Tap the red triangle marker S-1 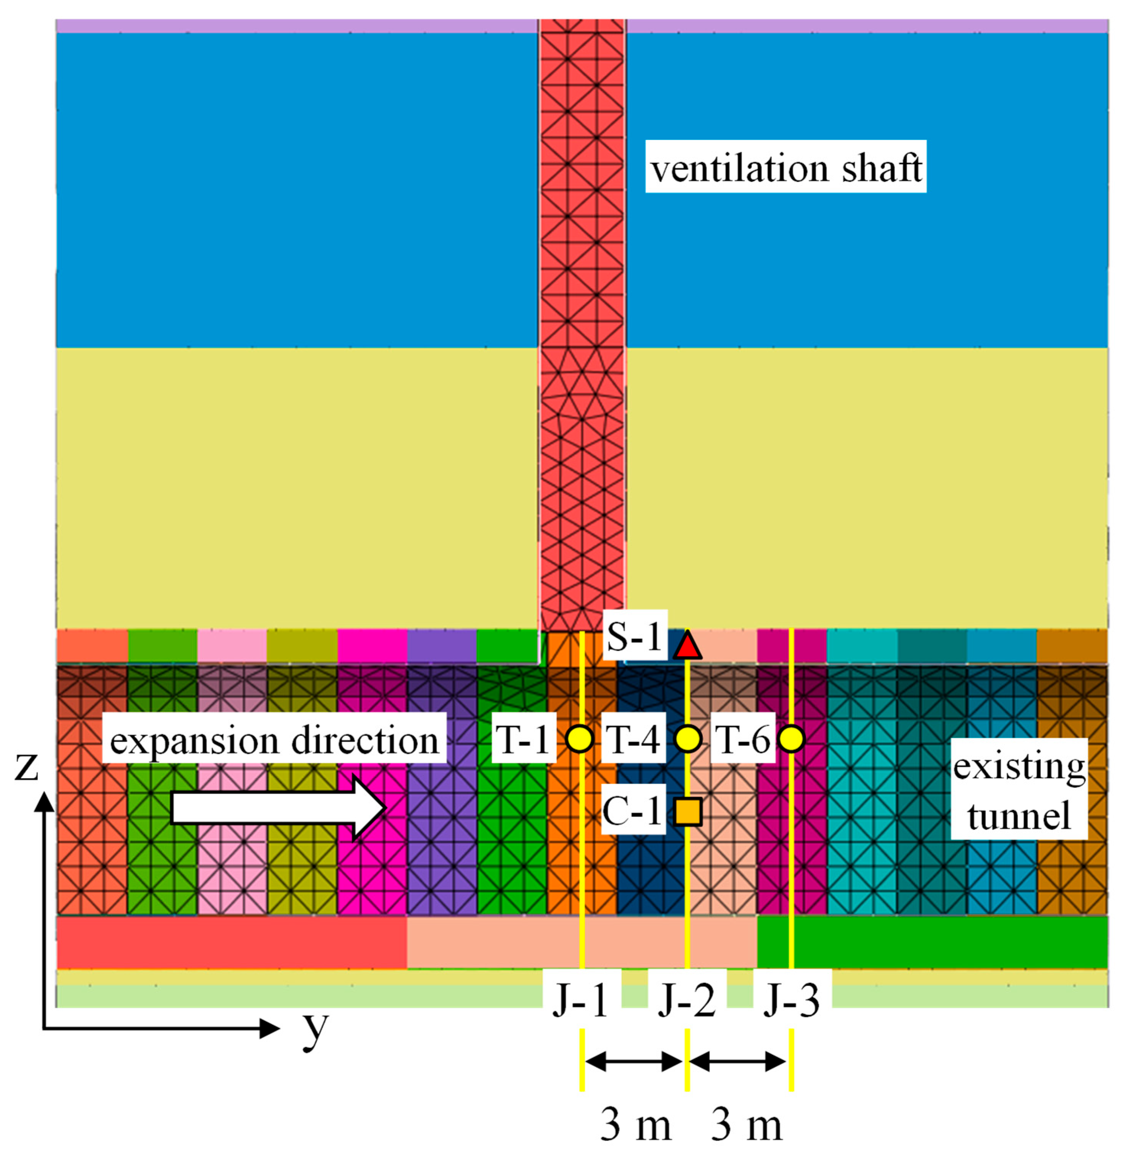687,646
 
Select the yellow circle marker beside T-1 579,739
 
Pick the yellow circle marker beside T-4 687,739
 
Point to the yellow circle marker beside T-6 791,739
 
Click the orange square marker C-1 687,811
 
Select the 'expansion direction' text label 274,741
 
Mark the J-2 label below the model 687,1000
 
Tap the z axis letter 26,766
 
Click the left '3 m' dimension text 635,1125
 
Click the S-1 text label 634,636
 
